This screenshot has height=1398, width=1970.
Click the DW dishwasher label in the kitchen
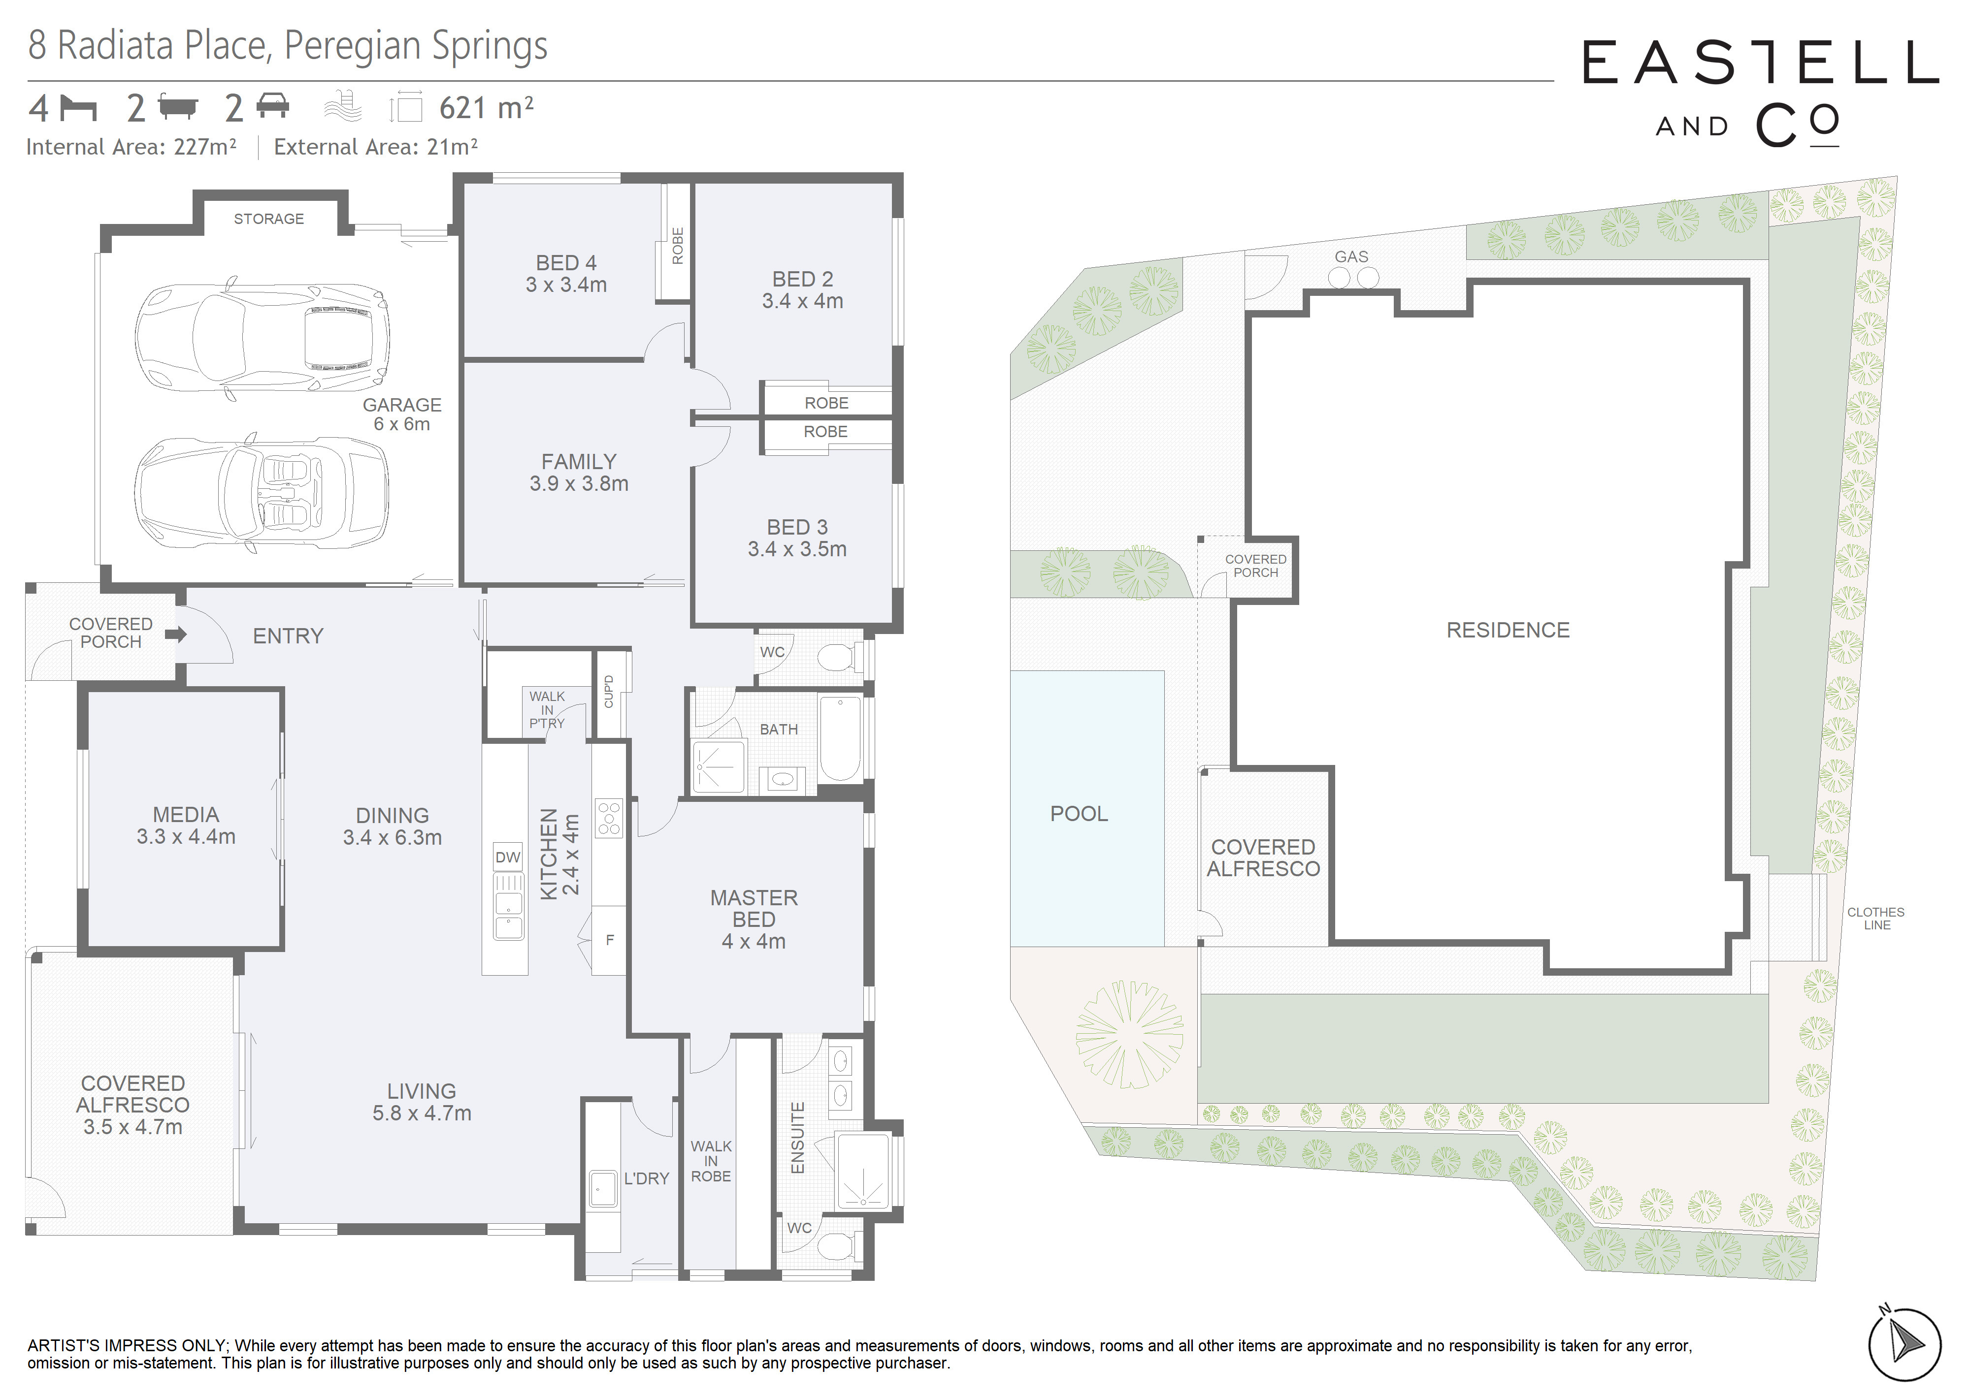point(508,858)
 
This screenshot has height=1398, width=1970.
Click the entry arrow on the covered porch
point(176,635)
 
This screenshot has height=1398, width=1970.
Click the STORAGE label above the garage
point(268,219)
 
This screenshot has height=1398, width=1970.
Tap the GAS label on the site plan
point(1351,256)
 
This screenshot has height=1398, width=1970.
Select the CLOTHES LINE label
point(1875,919)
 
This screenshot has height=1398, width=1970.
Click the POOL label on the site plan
point(1079,814)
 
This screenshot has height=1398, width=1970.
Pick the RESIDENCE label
point(1508,630)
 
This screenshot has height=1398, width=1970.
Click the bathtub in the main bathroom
point(840,738)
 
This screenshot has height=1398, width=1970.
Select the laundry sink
point(604,1189)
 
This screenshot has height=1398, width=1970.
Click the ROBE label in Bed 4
point(678,246)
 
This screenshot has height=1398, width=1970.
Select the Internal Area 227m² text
point(131,147)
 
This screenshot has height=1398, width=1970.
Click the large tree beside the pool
point(1129,1034)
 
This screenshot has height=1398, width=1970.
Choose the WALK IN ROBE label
point(711,1161)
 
